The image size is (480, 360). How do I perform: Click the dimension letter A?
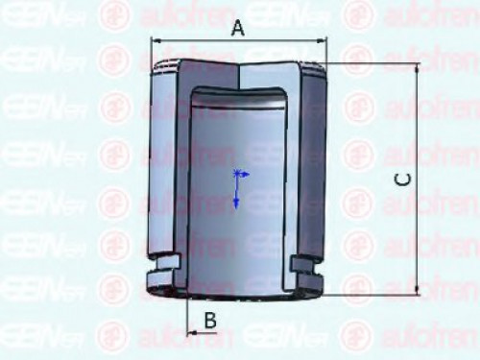tap(238, 29)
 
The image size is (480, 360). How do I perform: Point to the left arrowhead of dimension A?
tap(156, 40)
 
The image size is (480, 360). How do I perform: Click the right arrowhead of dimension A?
tap(324, 40)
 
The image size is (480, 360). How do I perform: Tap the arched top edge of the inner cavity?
tap(237, 90)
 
